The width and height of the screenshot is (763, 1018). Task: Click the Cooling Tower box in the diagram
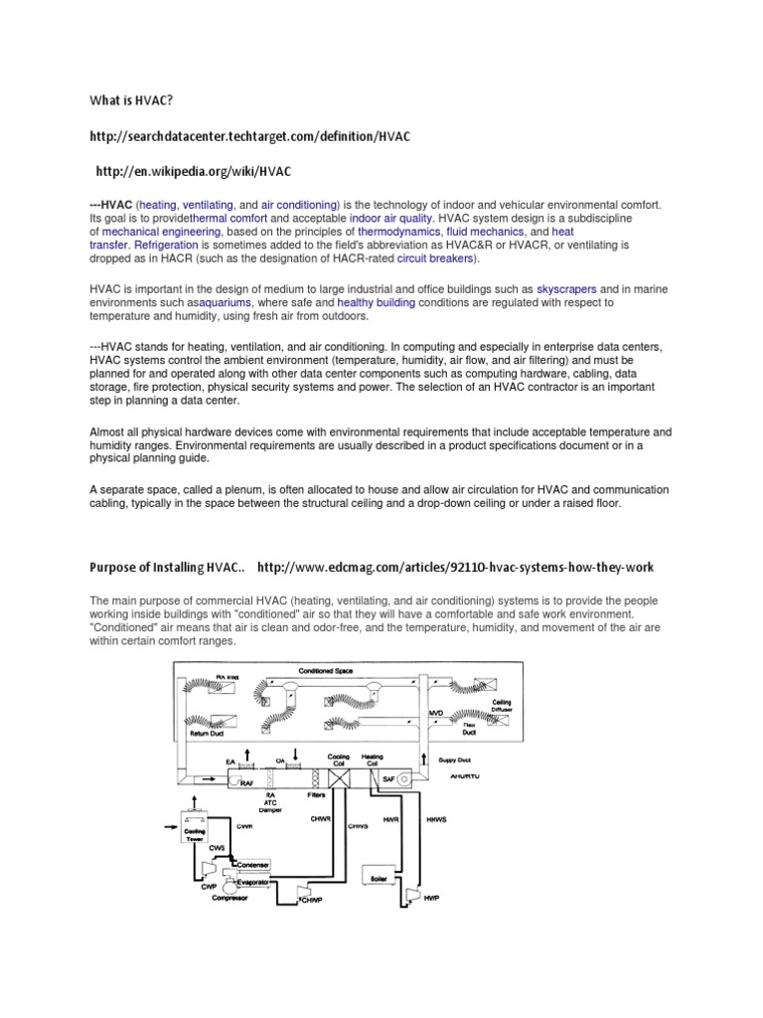click(195, 827)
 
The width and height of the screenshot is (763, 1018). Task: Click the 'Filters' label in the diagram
click(315, 795)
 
